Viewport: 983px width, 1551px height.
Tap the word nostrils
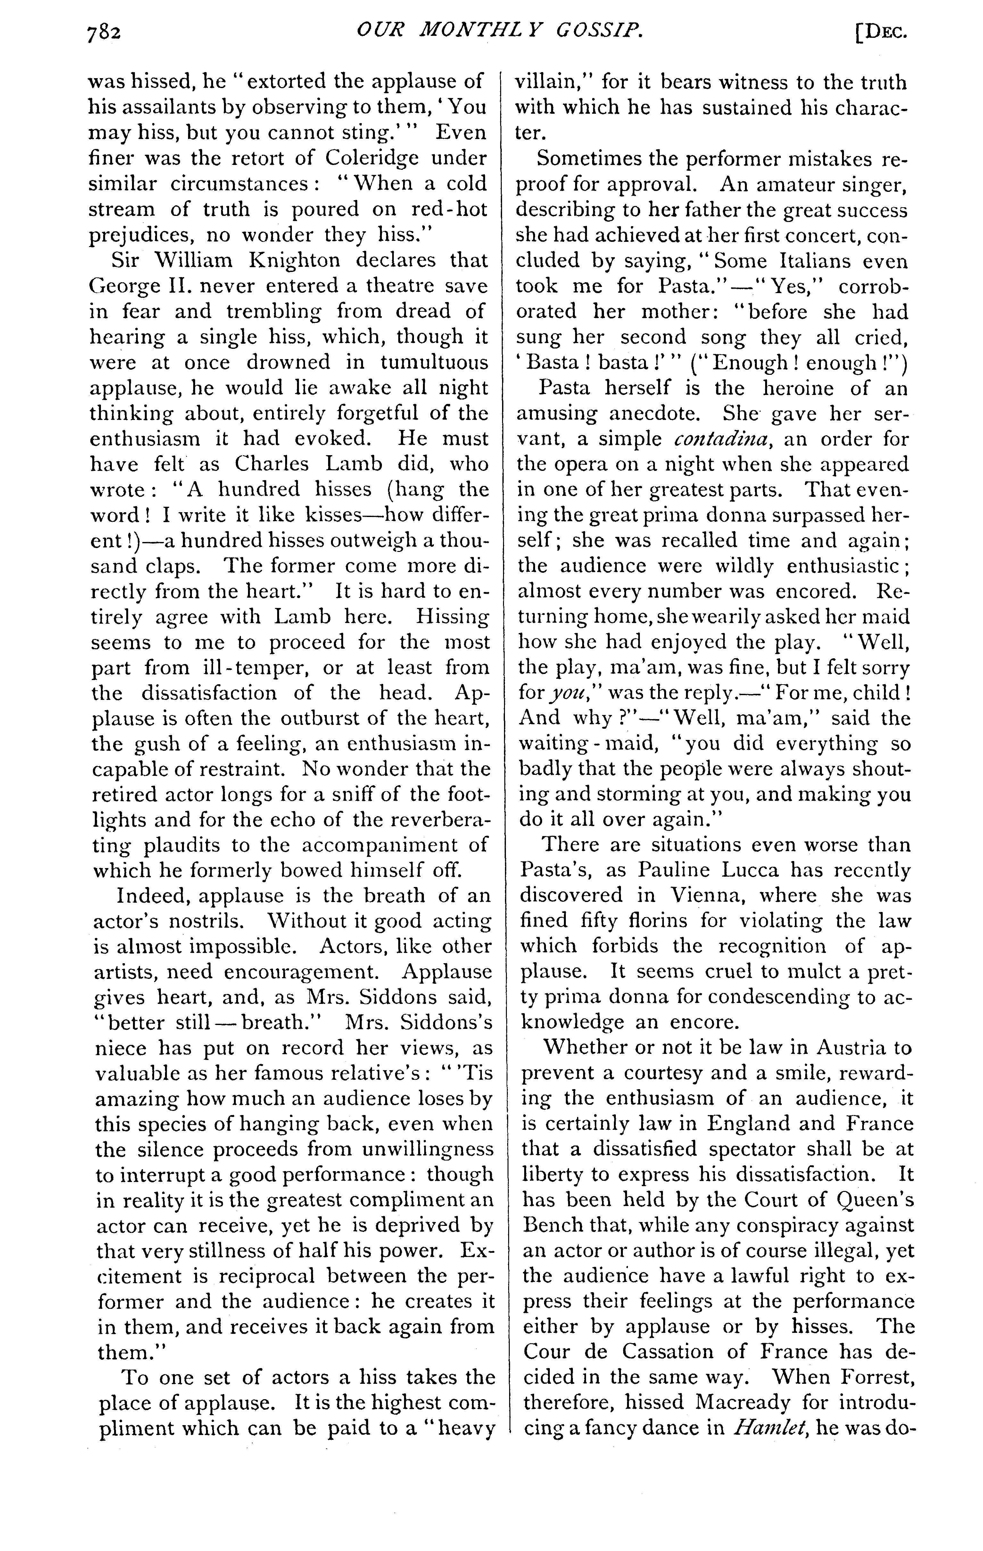tap(200, 921)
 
